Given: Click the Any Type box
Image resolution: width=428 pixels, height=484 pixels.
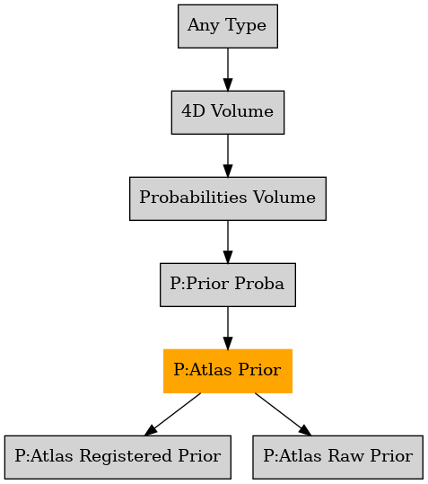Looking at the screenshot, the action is (228, 26).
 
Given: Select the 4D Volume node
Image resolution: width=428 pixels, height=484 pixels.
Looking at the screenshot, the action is (228, 112).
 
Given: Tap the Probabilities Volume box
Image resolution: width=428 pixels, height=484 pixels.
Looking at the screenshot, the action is (228, 198).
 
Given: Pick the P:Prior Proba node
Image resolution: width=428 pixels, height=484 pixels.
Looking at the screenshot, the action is (228, 285).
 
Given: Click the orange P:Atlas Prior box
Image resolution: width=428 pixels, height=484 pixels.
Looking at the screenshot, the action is (228, 371).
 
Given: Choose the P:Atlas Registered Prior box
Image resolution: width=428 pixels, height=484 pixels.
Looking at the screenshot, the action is (118, 457).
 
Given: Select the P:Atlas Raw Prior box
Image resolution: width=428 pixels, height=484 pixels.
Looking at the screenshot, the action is (337, 457).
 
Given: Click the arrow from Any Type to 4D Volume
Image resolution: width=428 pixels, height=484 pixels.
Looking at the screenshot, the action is (228, 69).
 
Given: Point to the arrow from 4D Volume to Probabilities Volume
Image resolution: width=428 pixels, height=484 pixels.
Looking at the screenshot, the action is (228, 155).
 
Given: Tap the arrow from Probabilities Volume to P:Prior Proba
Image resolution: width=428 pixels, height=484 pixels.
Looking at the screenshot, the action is (228, 242).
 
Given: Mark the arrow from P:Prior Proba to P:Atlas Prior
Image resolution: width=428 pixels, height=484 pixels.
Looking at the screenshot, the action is (228, 328).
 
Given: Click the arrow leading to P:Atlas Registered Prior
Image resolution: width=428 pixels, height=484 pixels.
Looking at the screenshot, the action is (172, 414).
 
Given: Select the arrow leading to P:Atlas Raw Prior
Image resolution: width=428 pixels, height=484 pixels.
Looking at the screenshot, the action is (283, 414).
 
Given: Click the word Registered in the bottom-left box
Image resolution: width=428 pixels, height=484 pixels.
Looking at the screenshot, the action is (126, 456).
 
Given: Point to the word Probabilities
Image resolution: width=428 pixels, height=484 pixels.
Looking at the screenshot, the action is (193, 197).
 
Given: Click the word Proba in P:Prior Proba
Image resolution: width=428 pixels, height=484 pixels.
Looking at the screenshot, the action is (259, 283).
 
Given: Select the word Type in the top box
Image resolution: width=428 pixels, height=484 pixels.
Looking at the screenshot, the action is (246, 26).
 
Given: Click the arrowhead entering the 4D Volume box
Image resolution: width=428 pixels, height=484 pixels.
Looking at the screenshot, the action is (228, 85).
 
